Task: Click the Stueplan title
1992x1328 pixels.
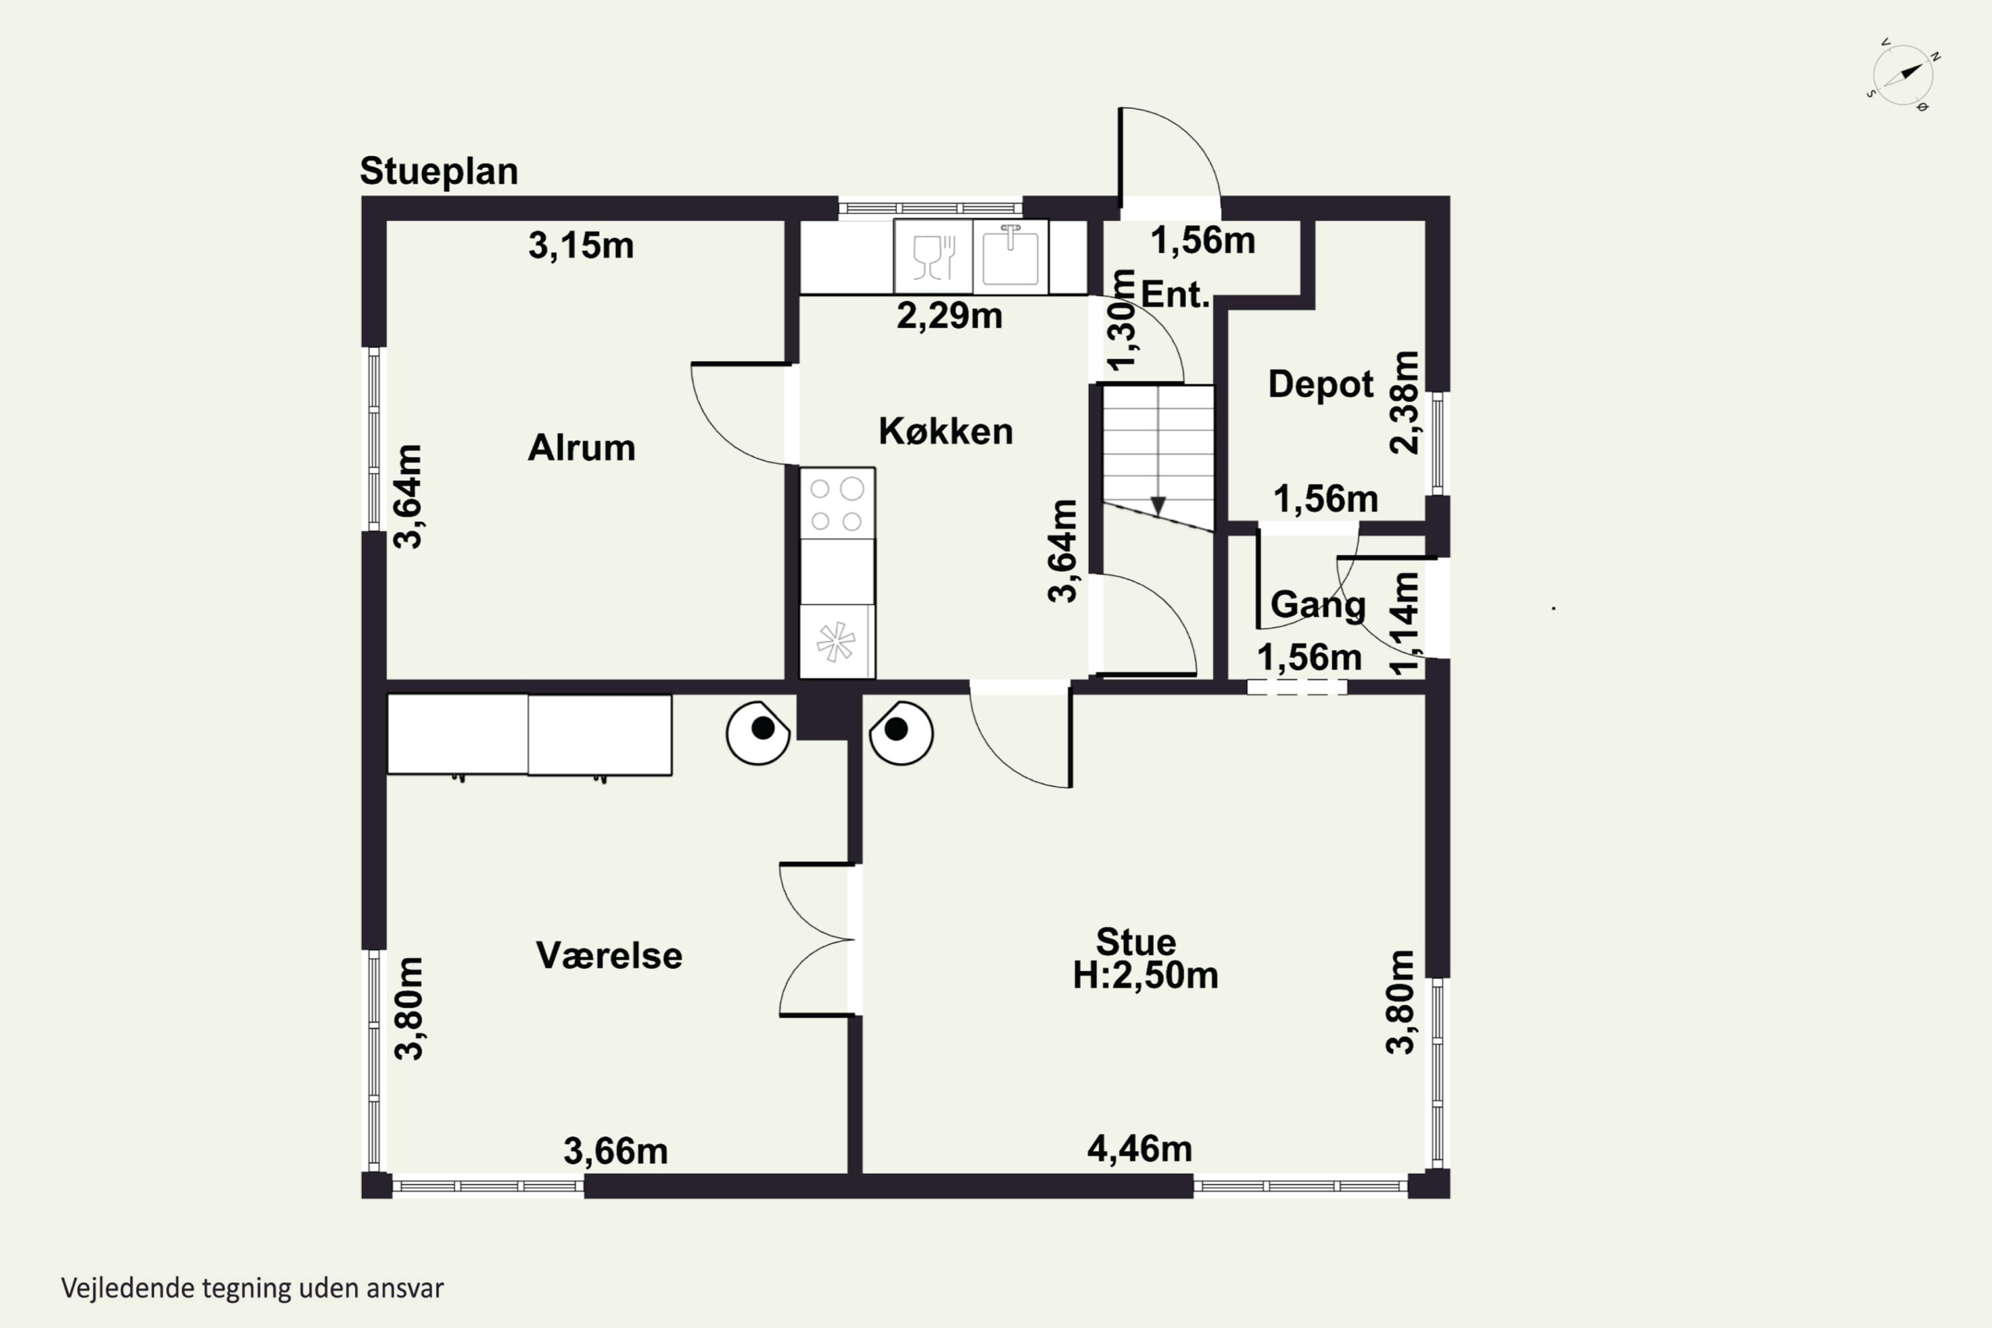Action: [x=439, y=172]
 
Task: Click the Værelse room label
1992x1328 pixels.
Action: [x=609, y=956]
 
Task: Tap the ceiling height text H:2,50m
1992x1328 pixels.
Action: [x=1145, y=975]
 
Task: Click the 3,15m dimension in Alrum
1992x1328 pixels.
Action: [x=581, y=246]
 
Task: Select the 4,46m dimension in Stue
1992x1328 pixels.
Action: [x=1139, y=1149]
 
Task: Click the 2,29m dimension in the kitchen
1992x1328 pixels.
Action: [x=950, y=316]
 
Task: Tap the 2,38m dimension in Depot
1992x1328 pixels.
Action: [x=1404, y=402]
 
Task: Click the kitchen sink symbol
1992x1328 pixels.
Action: [x=1011, y=256]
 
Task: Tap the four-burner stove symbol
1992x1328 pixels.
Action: [x=837, y=504]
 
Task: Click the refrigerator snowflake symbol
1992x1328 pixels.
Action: [x=836, y=641]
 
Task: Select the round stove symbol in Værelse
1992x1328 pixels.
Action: [x=758, y=732]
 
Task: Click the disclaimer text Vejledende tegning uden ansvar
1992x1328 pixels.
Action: [x=252, y=1288]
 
